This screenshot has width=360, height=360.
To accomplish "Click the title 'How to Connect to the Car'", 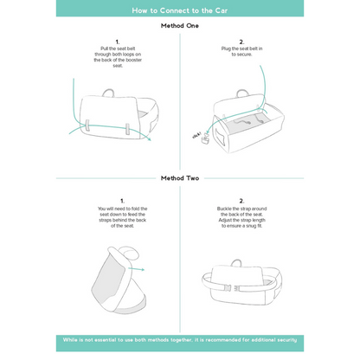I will [x=180, y=11].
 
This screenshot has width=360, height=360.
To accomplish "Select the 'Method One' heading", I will [x=180, y=26].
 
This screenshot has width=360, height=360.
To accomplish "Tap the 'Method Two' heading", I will [x=180, y=178].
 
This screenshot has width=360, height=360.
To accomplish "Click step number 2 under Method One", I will [x=241, y=42].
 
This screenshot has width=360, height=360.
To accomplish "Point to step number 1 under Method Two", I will [x=121, y=200].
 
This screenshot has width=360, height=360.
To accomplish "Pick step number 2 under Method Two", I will [x=241, y=200].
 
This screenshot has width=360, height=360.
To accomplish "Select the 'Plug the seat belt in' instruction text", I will [x=241, y=53].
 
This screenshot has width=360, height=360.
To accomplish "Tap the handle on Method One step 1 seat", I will [x=109, y=92].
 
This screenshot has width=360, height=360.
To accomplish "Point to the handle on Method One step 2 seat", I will [x=253, y=90].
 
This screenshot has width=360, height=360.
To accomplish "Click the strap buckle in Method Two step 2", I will [x=232, y=287].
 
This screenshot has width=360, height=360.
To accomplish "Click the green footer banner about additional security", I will [x=180, y=343].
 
